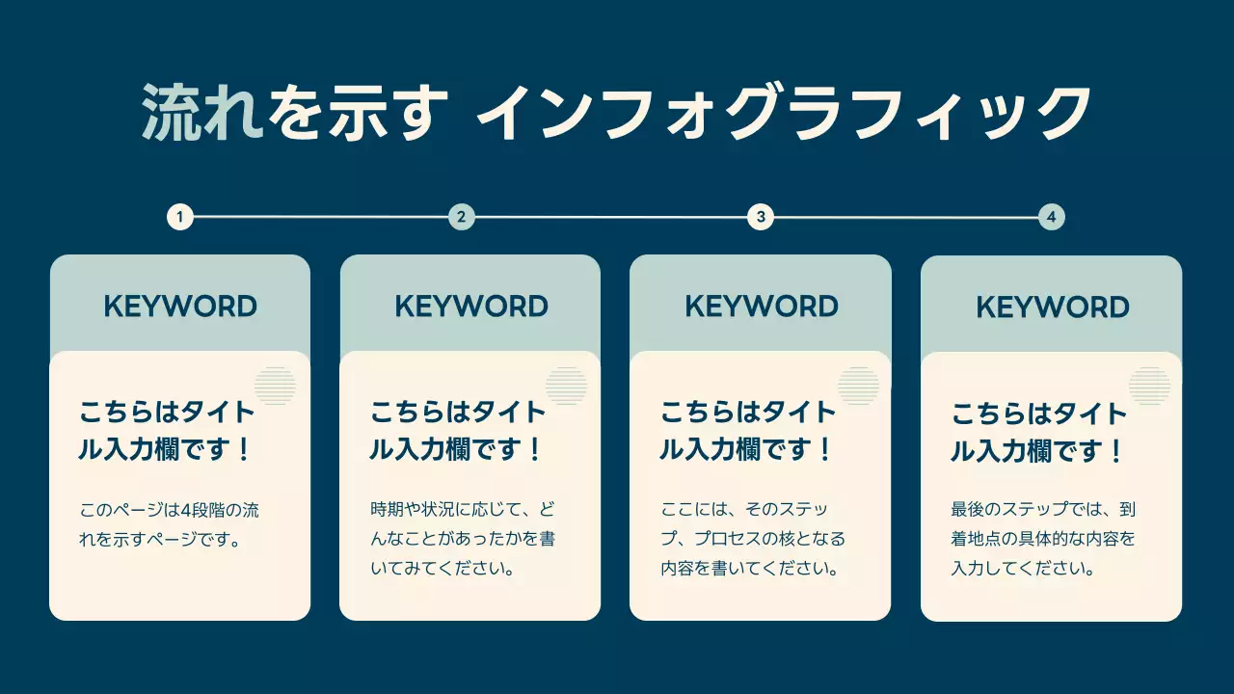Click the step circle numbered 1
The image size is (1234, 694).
(x=180, y=217)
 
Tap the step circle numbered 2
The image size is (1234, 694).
(x=462, y=217)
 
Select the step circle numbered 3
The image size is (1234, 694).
(x=761, y=217)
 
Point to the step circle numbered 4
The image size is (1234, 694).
(x=1052, y=217)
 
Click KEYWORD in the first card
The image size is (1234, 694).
(x=180, y=307)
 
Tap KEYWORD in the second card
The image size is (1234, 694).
(x=471, y=307)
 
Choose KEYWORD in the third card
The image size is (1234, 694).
(x=762, y=307)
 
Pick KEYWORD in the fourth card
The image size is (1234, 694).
(x=1053, y=307)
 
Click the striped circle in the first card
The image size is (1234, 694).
(x=275, y=386)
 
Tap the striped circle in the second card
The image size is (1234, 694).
(x=566, y=386)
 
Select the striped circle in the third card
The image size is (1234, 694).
(x=858, y=386)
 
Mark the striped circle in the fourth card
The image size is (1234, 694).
(x=1149, y=387)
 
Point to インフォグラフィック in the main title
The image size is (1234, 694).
(x=783, y=114)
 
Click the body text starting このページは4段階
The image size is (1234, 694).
(x=169, y=523)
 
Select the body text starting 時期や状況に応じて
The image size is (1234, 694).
(x=463, y=538)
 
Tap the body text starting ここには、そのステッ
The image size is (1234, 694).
(x=753, y=538)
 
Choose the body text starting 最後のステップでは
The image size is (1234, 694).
(x=1044, y=539)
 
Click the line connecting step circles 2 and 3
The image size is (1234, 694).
(x=611, y=217)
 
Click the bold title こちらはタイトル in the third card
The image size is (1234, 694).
(x=748, y=431)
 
